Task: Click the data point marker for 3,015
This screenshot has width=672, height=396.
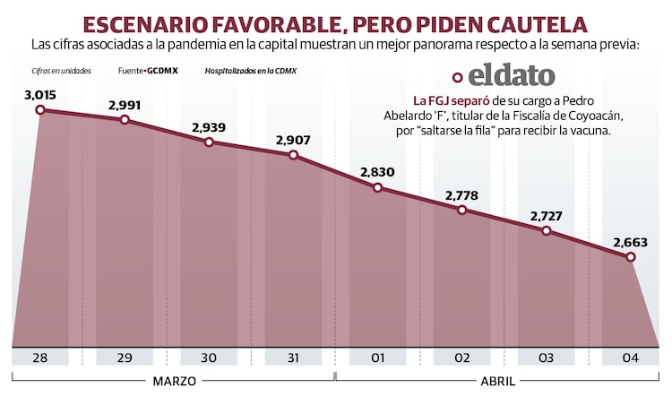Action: (x=39, y=109)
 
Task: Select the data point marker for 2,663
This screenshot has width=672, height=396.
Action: (x=631, y=257)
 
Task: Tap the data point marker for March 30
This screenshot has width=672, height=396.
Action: (x=209, y=142)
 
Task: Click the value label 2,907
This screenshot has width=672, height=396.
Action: (x=293, y=140)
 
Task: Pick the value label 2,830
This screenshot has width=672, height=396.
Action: (x=377, y=172)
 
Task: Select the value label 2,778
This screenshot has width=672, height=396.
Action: (x=461, y=195)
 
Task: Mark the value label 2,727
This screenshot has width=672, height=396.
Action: (x=547, y=217)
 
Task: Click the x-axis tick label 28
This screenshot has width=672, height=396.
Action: (x=39, y=358)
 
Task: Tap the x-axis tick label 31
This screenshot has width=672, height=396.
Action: (x=293, y=358)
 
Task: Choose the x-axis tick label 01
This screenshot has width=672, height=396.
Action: (x=377, y=358)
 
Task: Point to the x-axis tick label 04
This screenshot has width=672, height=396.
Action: (x=631, y=358)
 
